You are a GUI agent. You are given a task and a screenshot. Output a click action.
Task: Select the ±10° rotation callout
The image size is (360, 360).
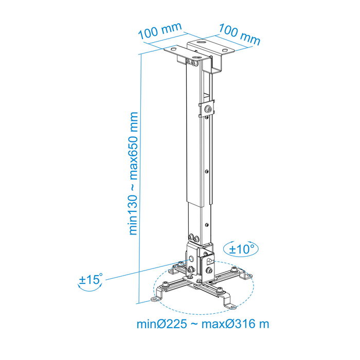pos(242,249)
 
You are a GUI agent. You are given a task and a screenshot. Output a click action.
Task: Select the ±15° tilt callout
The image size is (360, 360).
pos(91,281)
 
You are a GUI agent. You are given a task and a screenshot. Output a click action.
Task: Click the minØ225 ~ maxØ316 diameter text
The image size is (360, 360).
pos(203,324)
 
